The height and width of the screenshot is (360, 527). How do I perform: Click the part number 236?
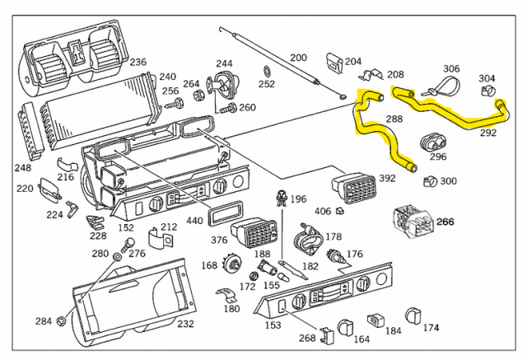click(138, 62)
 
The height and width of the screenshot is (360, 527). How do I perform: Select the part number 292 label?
click(487, 131)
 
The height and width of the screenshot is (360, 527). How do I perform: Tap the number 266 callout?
click(445, 221)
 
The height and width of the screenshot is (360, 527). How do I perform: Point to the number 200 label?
click(298, 58)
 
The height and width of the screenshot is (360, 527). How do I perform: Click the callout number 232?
click(185, 325)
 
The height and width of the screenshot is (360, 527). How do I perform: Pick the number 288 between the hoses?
click(394, 120)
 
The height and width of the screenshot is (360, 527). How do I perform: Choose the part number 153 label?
click(272, 325)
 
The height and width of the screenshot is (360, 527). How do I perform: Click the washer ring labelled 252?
click(268, 69)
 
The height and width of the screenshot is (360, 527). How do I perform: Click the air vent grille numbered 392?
click(356, 189)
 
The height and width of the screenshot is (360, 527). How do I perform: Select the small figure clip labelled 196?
click(282, 198)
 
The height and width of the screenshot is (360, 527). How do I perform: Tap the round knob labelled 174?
click(413, 316)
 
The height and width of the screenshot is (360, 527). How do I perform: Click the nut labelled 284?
click(62, 320)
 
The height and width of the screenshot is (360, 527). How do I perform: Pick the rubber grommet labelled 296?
click(433, 142)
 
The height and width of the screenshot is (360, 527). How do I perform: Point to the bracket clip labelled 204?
click(333, 62)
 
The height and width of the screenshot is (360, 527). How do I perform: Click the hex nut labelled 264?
click(198, 96)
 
